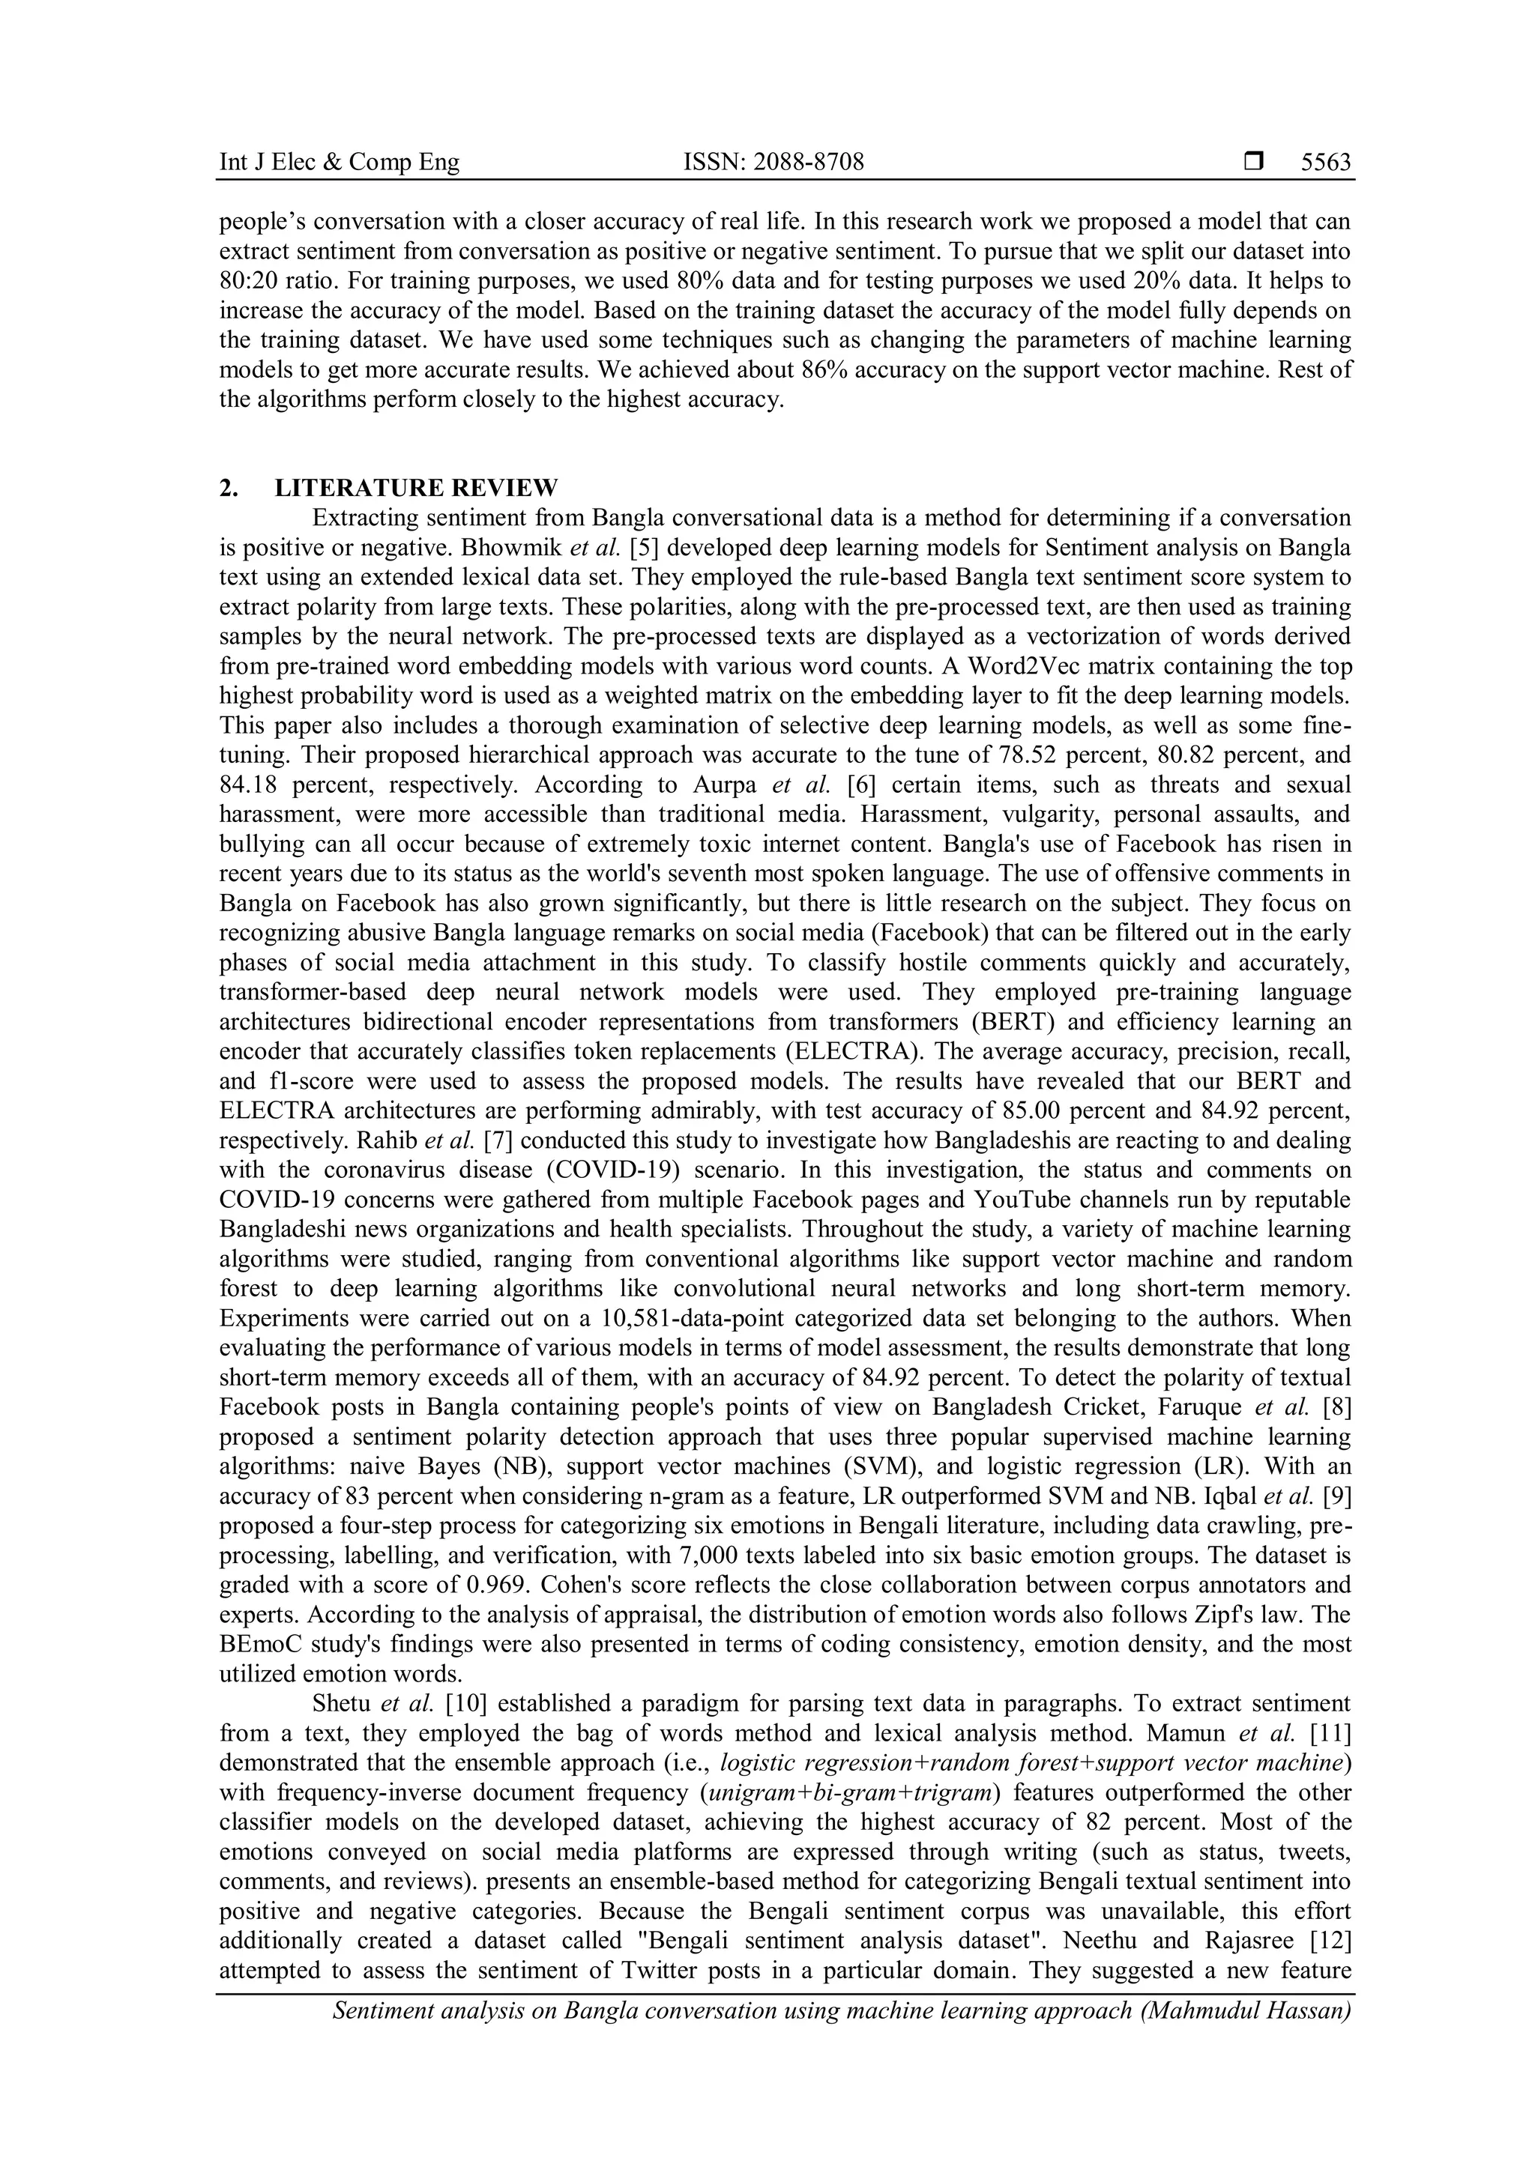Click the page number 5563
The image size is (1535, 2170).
tap(1325, 163)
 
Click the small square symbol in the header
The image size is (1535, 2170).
tap(1253, 163)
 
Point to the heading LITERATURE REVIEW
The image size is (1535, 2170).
tap(416, 488)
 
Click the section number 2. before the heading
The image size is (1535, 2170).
tap(228, 488)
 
